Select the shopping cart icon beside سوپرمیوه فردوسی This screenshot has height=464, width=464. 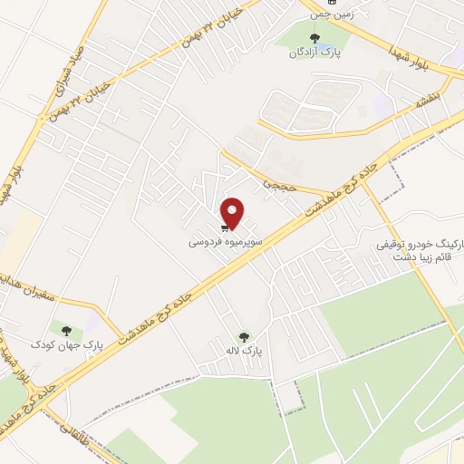click(x=223, y=227)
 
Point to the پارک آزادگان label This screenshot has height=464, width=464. click(x=313, y=53)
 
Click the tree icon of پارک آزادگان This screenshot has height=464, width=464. click(x=314, y=38)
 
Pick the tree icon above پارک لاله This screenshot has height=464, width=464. click(x=242, y=335)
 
